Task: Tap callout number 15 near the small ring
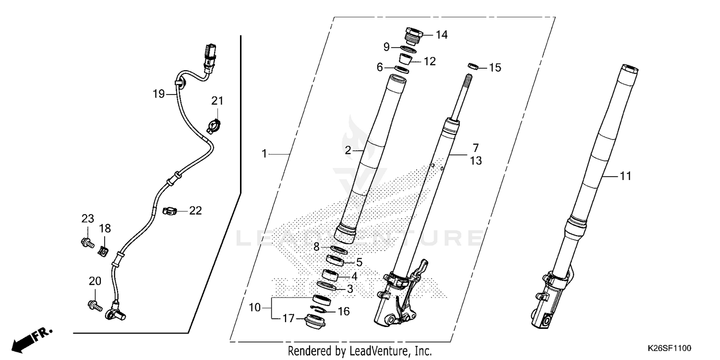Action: point(495,68)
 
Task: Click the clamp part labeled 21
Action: point(214,126)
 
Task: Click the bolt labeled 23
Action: point(87,242)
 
